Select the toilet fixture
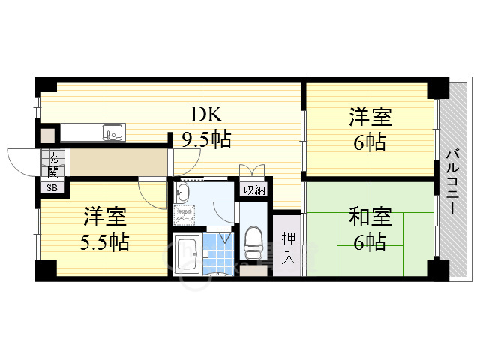pyautogui.click(x=252, y=241)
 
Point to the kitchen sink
pyautogui.click(x=113, y=134)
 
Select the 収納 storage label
pyautogui.click(x=253, y=190)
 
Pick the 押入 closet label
pyautogui.click(x=288, y=248)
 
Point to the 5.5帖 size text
pyautogui.click(x=105, y=241)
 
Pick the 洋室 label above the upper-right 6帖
pyautogui.click(x=369, y=117)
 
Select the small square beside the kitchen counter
pyautogui.click(x=48, y=136)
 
